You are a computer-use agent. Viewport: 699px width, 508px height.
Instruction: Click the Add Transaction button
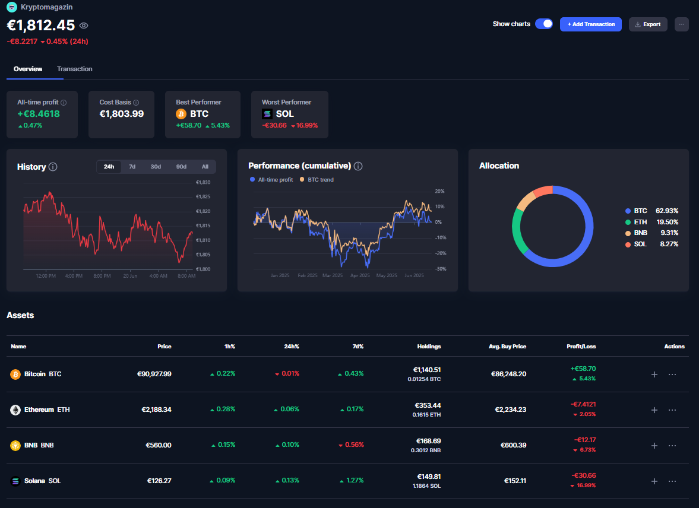591,24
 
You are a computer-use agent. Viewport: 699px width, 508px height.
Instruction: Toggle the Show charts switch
544,24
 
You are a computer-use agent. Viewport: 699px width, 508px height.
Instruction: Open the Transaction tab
75,69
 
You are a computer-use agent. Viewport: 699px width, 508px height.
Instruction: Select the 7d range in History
132,167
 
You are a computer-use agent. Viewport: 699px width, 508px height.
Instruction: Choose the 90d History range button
181,167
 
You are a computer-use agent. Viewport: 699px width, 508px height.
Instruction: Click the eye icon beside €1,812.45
84,26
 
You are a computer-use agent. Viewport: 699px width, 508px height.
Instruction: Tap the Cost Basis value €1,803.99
121,114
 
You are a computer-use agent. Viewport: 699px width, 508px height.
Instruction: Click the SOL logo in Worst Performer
267,114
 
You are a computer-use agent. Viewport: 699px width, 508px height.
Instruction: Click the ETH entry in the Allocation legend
640,222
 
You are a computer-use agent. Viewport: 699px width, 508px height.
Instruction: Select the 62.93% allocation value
667,211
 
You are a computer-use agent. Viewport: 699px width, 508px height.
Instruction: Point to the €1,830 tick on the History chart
203,182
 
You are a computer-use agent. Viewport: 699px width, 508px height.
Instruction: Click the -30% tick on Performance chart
439,269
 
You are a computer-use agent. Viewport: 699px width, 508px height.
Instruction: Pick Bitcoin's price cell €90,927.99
150,374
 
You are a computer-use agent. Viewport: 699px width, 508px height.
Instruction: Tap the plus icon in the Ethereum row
654,410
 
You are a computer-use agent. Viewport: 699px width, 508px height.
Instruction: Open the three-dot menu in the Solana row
672,481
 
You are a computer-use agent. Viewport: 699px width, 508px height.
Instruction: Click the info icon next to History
53,167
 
